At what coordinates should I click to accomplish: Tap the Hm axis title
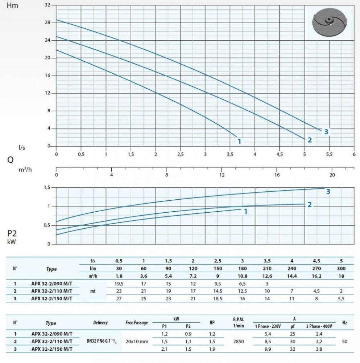click(x=12, y=5)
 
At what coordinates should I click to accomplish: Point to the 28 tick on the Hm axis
click(x=48, y=23)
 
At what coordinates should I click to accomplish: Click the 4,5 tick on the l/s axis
click(x=279, y=154)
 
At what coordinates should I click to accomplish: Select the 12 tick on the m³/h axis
click(x=222, y=175)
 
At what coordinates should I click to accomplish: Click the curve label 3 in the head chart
click(x=326, y=132)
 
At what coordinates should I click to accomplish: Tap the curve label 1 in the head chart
click(x=239, y=141)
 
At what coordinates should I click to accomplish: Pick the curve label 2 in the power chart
click(x=309, y=205)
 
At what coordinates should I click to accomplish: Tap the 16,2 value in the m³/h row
click(x=317, y=276)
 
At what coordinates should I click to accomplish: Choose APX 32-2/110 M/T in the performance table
click(x=51, y=291)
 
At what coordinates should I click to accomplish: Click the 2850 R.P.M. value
click(x=238, y=342)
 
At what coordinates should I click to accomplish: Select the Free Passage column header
click(x=137, y=322)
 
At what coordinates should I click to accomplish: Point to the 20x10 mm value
click(x=137, y=342)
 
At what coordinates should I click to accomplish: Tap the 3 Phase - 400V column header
click(x=319, y=326)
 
